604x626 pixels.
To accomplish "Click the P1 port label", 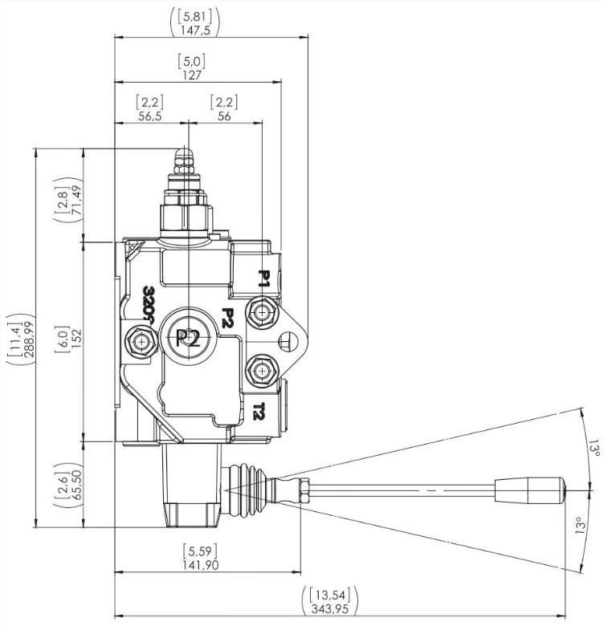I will pos(263,279).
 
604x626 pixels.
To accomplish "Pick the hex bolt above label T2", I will pos(262,371).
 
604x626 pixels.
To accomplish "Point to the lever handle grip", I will pos(530,489).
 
